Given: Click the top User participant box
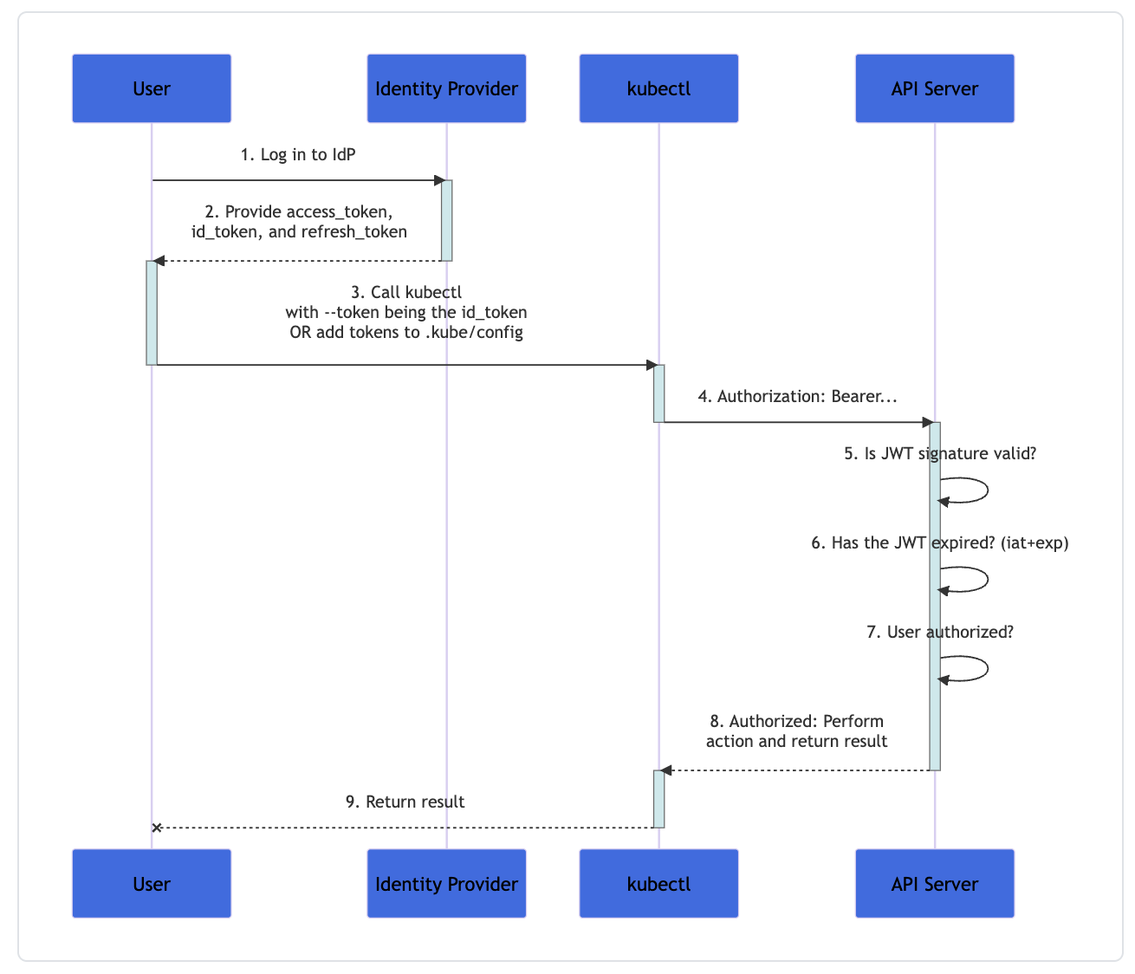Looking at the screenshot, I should (152, 88).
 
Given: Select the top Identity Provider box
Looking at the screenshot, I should (446, 88).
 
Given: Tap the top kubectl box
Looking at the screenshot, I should (658, 88).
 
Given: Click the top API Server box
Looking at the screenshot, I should (934, 88).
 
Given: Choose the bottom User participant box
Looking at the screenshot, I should (152, 884).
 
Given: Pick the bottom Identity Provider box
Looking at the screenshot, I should (446, 884).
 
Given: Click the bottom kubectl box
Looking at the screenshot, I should (658, 884).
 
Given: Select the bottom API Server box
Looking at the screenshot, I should (934, 884).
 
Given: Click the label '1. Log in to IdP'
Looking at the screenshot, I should (298, 155).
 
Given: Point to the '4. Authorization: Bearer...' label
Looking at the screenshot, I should (797, 397).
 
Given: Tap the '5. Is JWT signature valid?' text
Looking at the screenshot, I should (940, 454).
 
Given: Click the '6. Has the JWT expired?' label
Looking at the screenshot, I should (940, 543).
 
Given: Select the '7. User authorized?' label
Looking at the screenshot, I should (940, 633).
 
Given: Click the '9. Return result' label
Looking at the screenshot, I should (405, 802).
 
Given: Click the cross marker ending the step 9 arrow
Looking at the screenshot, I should (157, 828).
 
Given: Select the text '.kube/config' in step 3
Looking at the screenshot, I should (474, 333).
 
